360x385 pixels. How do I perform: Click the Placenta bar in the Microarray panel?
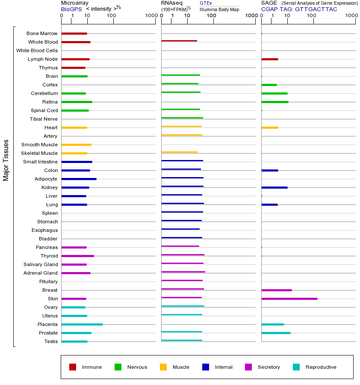(82, 324)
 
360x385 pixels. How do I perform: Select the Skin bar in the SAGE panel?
(289, 299)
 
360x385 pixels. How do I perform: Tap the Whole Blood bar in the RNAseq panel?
(179, 41)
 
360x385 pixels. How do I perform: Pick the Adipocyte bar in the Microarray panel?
(79, 179)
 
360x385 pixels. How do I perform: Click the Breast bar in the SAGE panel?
(276, 290)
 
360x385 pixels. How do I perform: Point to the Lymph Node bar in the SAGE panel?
(269, 59)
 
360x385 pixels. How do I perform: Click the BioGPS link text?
(71, 9)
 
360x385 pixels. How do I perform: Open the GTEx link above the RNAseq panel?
(206, 3)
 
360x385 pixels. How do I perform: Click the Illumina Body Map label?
(219, 9)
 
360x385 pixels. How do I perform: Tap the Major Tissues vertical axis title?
(6, 160)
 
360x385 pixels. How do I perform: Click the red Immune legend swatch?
(73, 367)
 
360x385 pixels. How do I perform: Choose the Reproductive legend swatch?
(296, 367)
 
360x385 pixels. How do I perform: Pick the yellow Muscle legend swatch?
(163, 367)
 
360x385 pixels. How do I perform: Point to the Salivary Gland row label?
(41, 264)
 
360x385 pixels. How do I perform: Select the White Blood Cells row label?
(37, 50)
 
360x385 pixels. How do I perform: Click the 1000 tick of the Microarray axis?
(150, 16)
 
